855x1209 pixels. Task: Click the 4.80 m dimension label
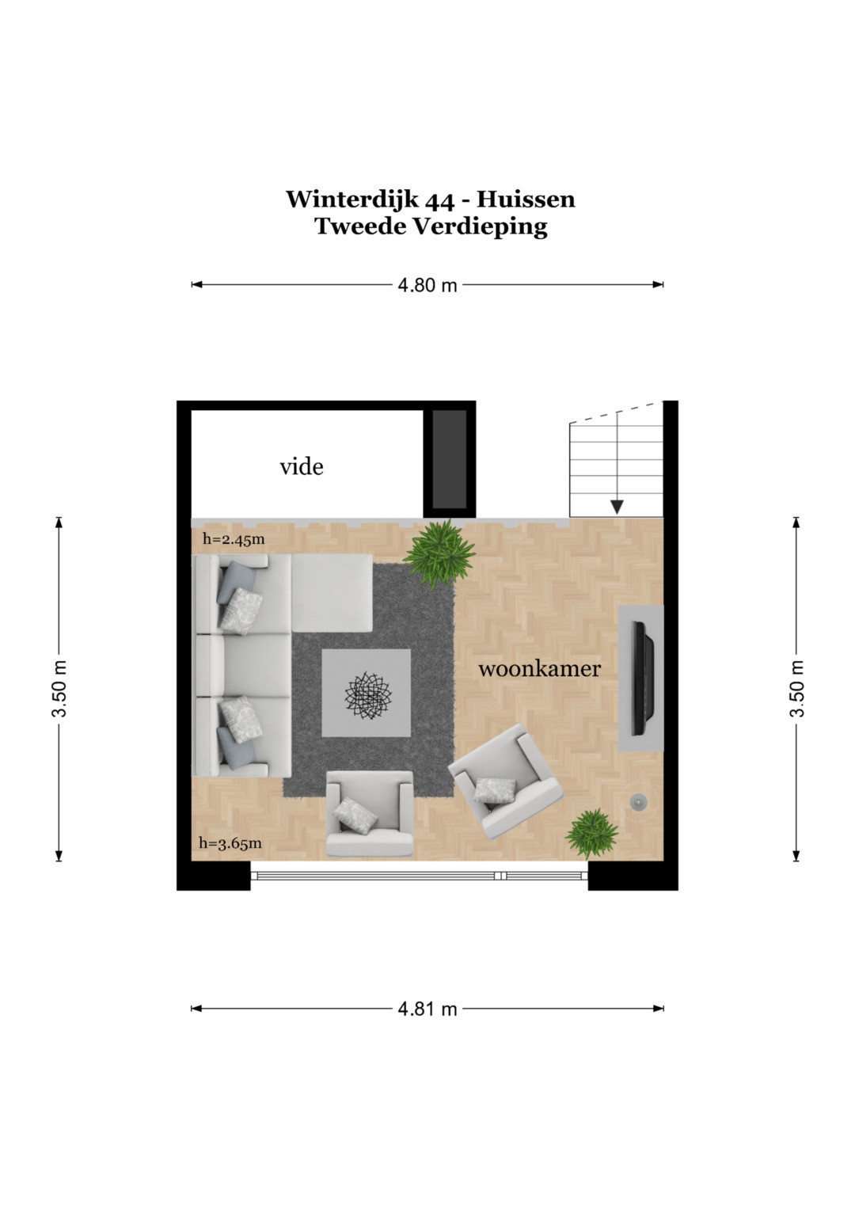click(427, 285)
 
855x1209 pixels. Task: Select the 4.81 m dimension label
click(427, 1009)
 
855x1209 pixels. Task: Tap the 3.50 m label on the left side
click(59, 689)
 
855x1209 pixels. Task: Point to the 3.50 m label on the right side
click(796, 689)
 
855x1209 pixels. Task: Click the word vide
click(301, 467)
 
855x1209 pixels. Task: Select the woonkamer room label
click(540, 669)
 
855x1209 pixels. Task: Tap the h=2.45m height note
click(234, 538)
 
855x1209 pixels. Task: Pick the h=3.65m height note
click(230, 842)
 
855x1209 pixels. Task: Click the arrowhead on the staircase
click(617, 508)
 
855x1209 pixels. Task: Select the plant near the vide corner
click(439, 553)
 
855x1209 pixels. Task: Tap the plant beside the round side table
click(591, 834)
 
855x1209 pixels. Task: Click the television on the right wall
click(644, 679)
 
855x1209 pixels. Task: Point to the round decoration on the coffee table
click(368, 694)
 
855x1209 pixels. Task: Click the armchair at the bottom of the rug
click(369, 814)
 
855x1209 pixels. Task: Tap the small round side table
click(639, 803)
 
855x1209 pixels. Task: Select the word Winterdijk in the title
click(352, 200)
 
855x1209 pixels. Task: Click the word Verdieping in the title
click(480, 226)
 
